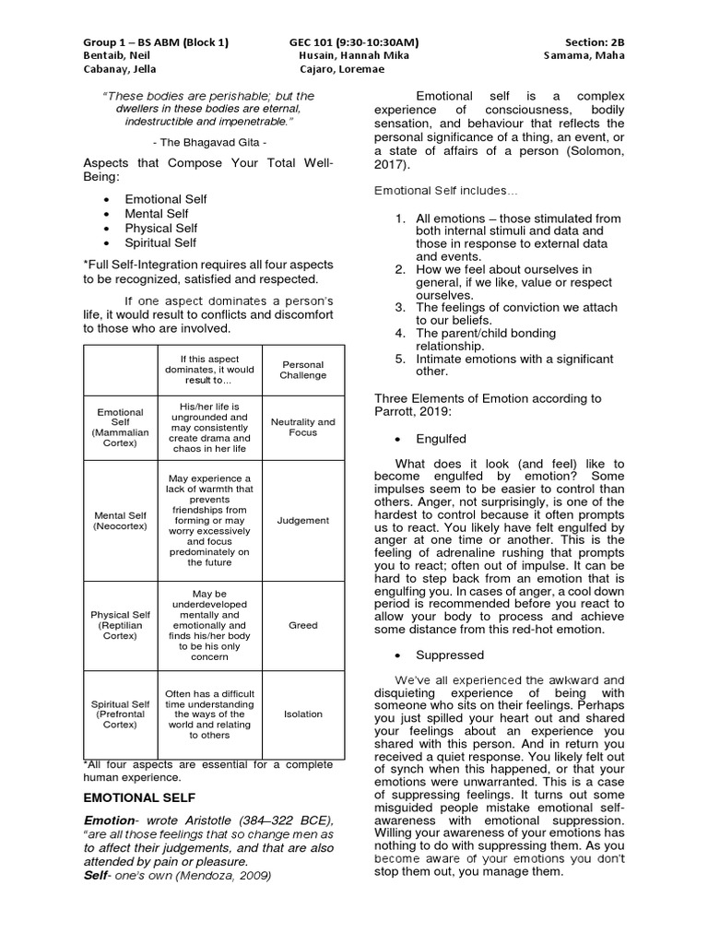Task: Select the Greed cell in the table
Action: point(303,625)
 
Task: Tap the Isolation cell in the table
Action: point(303,714)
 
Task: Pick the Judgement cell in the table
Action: point(303,521)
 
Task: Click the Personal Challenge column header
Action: point(303,370)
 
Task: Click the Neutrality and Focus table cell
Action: point(303,427)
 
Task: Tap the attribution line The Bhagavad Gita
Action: point(207,145)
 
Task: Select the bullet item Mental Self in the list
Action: point(157,214)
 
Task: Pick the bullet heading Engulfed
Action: point(442,439)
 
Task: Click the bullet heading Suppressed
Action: point(450,655)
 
